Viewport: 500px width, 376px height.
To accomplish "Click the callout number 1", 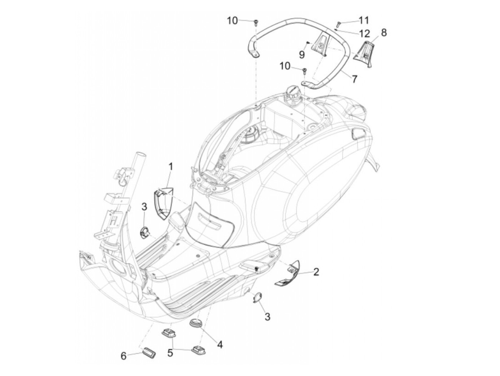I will click(171, 167).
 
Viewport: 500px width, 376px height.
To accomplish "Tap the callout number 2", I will click(316, 272).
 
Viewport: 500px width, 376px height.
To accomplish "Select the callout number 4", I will click(220, 345).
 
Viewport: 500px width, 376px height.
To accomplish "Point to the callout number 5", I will click(170, 353).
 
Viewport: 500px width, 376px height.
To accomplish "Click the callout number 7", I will click(354, 79).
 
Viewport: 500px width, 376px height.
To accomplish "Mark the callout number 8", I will click(384, 33).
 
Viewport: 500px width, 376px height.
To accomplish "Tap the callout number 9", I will click(302, 54).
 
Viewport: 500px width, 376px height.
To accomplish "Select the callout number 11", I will click(364, 20).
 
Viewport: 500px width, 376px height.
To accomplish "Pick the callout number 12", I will click(365, 34).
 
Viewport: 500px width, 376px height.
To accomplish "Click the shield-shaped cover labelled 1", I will click(161, 204).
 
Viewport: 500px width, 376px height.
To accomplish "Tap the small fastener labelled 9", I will click(307, 43).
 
